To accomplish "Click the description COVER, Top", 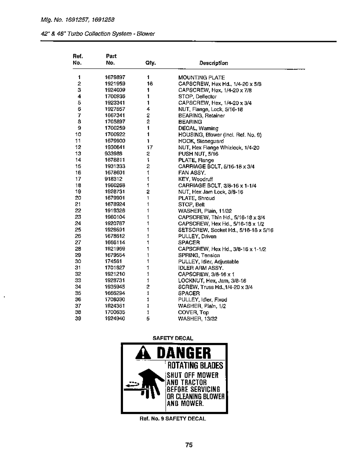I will pos(193,312).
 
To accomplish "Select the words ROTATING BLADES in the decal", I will pos(195,366).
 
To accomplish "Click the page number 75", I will pos(189,445).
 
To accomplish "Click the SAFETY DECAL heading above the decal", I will pos(173,338).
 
